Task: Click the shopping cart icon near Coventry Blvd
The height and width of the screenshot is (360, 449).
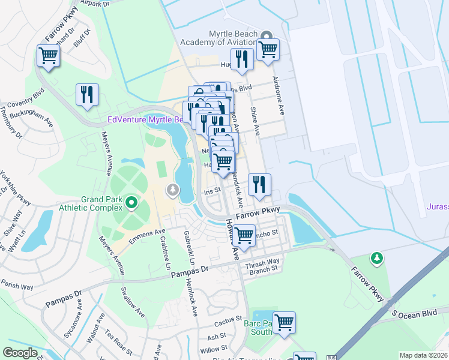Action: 48,56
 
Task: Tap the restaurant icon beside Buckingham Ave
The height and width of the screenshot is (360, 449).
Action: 87,95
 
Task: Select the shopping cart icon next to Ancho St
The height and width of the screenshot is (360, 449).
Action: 244,235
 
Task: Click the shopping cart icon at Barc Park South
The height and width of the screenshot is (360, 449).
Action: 284,322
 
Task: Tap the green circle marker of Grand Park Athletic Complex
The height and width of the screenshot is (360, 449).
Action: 131,205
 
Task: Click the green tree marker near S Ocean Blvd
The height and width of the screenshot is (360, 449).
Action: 377,258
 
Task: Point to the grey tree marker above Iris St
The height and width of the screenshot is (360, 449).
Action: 173,190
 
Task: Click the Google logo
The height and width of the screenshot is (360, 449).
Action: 20,353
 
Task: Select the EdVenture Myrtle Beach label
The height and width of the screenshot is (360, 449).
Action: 145,119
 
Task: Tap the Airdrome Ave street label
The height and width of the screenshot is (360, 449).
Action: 278,96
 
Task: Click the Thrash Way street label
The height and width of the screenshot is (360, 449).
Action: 264,261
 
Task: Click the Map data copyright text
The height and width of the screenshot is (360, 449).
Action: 424,355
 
